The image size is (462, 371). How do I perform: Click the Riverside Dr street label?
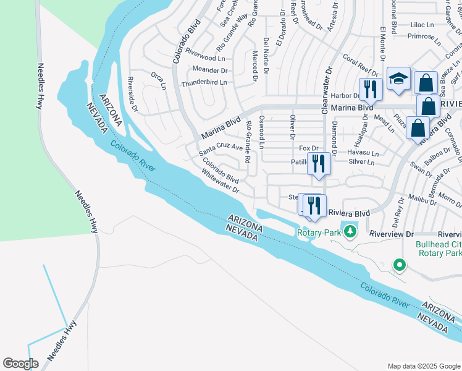132,95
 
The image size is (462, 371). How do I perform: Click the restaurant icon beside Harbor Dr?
371,88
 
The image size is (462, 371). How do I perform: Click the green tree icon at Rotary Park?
351,232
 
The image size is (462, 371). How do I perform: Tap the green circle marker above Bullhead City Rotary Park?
400,266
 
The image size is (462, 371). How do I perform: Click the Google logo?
21,363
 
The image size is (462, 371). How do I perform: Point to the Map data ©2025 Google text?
423,365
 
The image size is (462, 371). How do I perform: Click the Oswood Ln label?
261,132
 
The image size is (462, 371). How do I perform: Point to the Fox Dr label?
308,148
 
